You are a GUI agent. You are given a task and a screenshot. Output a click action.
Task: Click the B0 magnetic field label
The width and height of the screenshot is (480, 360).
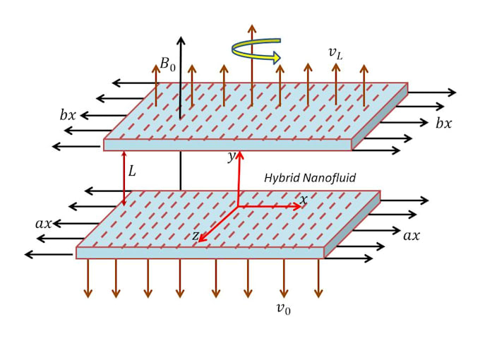click(168, 64)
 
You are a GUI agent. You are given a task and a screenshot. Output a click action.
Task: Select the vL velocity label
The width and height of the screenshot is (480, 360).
click(335, 54)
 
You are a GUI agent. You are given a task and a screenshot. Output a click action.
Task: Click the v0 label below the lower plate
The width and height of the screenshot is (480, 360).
click(283, 308)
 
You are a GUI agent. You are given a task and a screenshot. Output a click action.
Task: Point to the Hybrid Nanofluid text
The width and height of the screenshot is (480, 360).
click(310, 178)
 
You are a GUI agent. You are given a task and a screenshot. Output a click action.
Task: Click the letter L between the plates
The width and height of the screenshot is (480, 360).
click(132, 171)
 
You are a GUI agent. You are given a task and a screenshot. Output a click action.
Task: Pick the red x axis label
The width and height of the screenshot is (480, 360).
click(304, 200)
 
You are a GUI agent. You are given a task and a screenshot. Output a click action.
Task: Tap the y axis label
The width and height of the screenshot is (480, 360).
click(231, 157)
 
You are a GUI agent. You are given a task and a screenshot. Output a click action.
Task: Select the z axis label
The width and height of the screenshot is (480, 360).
click(196, 235)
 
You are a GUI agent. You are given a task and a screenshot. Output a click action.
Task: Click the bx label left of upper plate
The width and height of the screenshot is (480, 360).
click(68, 115)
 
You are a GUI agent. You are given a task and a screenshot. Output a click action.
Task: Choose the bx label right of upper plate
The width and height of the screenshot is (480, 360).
click(443, 123)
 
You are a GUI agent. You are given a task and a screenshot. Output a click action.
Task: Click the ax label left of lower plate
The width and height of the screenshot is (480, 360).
click(44, 224)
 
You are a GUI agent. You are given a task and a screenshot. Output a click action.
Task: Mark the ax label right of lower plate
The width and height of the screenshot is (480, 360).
click(412, 235)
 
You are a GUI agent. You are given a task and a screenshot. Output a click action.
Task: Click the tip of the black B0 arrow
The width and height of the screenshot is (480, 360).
click(181, 37)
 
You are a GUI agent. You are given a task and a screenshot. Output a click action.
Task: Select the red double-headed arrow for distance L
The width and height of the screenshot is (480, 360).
click(124, 179)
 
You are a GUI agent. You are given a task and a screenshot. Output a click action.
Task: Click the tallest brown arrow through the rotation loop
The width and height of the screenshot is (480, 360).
click(251, 66)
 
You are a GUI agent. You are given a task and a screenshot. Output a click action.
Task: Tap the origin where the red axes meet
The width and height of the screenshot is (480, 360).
click(238, 207)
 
